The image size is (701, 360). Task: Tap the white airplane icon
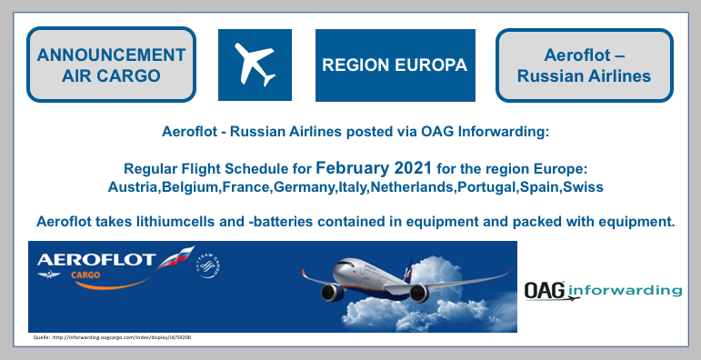coord(255,65)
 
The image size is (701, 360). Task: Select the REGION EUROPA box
coord(395,65)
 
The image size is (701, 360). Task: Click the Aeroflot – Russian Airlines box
coord(584,65)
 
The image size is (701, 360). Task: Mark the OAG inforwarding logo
coord(602,290)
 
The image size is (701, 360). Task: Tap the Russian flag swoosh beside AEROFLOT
coord(174,260)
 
